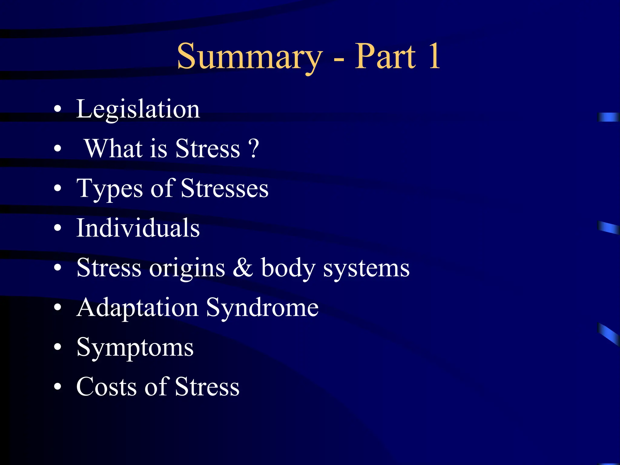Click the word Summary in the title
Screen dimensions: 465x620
249,57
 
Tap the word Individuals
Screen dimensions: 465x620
138,228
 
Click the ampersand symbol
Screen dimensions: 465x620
242,267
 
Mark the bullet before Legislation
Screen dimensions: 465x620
58,109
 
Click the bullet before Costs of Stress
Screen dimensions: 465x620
58,387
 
